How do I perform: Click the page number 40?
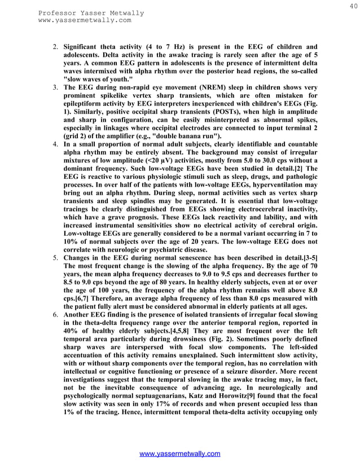tap(353, 6)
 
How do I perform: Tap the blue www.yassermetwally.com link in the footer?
tap(180, 454)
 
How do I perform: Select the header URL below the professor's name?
tap(85, 20)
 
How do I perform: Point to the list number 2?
tap(56, 46)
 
